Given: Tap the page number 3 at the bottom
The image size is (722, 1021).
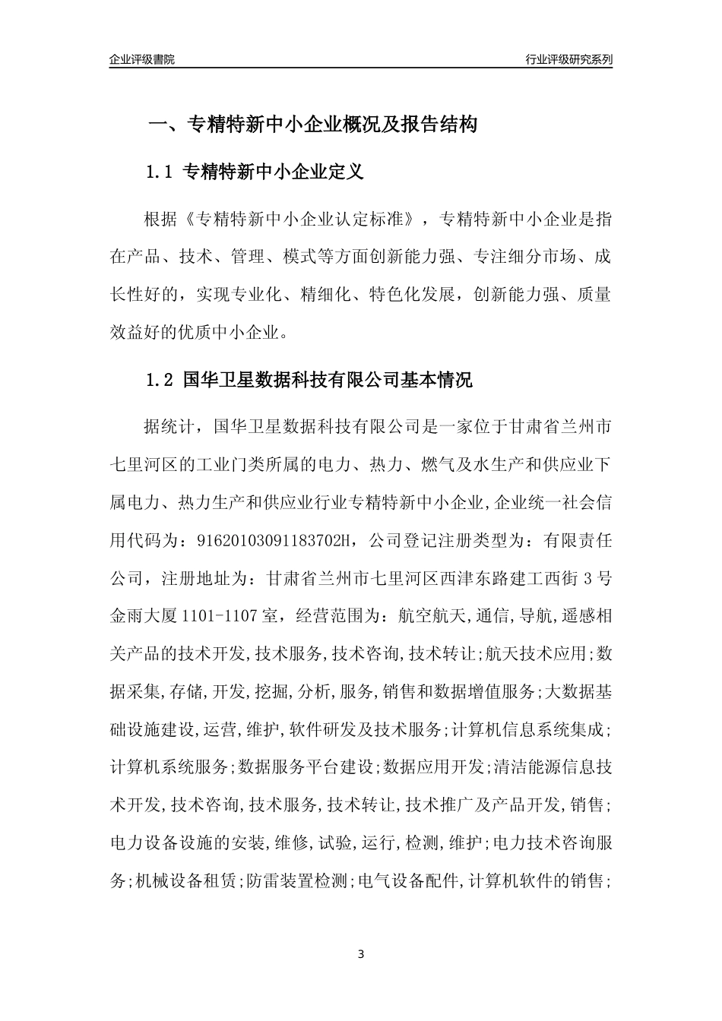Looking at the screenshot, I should [361, 953].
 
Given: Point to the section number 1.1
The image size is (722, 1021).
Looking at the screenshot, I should [160, 172].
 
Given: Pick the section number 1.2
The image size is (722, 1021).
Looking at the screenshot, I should [160, 380].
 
